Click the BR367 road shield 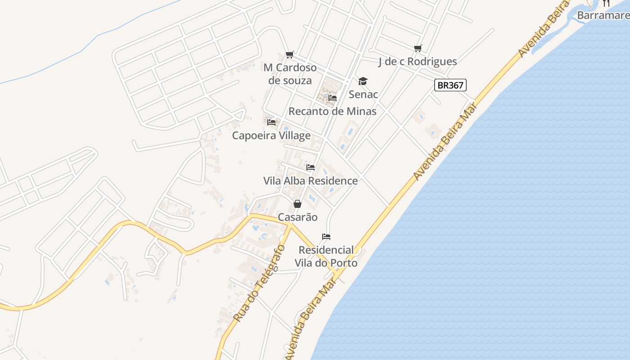coord(450,85)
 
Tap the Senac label coord(363,94)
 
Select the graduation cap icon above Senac coord(363,81)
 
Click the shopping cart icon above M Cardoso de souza coord(290,55)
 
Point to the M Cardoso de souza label coord(290,74)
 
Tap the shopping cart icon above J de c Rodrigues coord(418,48)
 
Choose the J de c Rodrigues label coord(418,62)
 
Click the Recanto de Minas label coord(332,111)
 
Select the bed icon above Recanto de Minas coord(333,98)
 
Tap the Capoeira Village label coord(271,135)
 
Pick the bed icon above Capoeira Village coord(271,122)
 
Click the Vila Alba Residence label coord(310,181)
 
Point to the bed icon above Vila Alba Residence coord(310,167)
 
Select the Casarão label coord(297,217)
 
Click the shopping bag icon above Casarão coord(297,204)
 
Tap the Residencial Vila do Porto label coord(326,256)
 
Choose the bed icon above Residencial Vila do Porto coord(326,237)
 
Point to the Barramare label coord(603,15)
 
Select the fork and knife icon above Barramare coord(606,3)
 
